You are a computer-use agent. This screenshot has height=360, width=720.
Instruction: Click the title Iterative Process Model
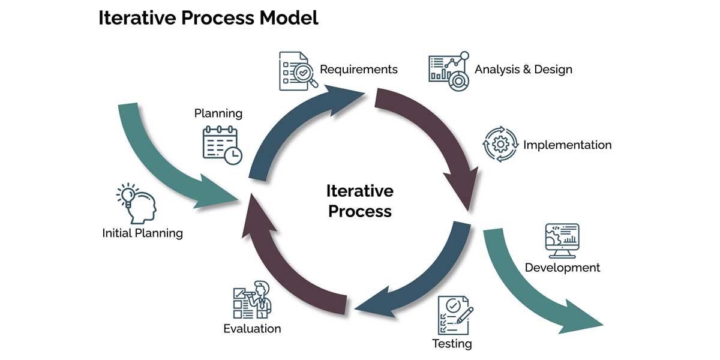(x=208, y=18)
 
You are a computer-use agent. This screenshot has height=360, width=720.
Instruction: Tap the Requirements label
(x=358, y=69)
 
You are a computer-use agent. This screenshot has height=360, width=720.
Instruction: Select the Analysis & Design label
(x=523, y=69)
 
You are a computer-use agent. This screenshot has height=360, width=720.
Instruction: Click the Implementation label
(x=567, y=145)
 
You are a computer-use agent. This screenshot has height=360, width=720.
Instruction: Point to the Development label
(x=562, y=268)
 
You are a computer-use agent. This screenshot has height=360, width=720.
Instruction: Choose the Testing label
(x=452, y=344)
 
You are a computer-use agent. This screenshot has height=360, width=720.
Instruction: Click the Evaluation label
(x=252, y=328)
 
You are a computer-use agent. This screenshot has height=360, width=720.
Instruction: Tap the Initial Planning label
(x=142, y=233)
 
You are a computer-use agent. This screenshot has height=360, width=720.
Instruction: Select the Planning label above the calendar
(x=218, y=113)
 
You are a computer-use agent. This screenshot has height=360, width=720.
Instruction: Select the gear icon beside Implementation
(x=500, y=144)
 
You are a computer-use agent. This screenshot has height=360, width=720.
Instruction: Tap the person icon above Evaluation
(x=252, y=299)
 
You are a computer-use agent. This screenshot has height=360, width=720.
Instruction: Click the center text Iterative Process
(x=360, y=201)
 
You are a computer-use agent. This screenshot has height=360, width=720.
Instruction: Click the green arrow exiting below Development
(x=534, y=282)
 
